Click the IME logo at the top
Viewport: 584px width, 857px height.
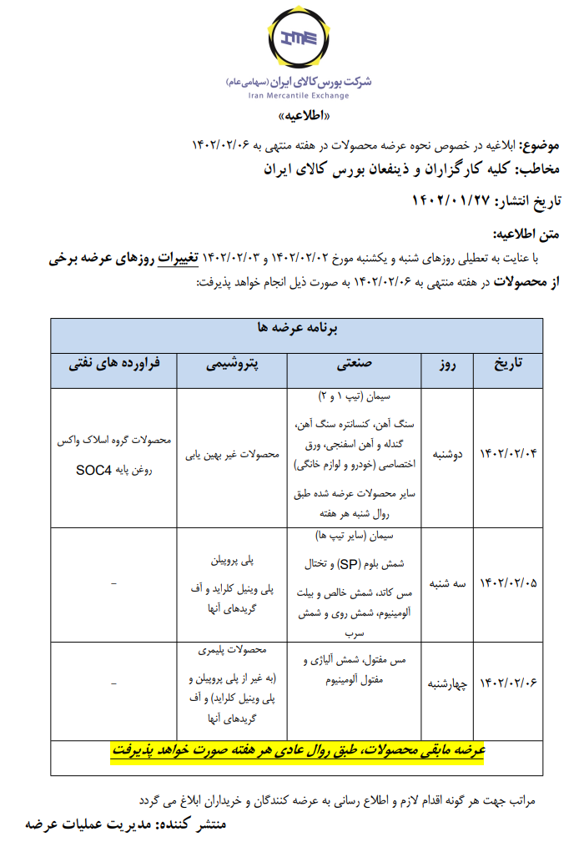(x=299, y=39)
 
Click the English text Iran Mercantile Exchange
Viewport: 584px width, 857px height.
(x=299, y=96)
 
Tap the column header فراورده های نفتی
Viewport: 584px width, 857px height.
(x=115, y=365)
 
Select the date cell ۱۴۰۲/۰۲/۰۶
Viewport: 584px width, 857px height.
(x=508, y=682)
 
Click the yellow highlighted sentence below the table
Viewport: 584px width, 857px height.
(x=299, y=751)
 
